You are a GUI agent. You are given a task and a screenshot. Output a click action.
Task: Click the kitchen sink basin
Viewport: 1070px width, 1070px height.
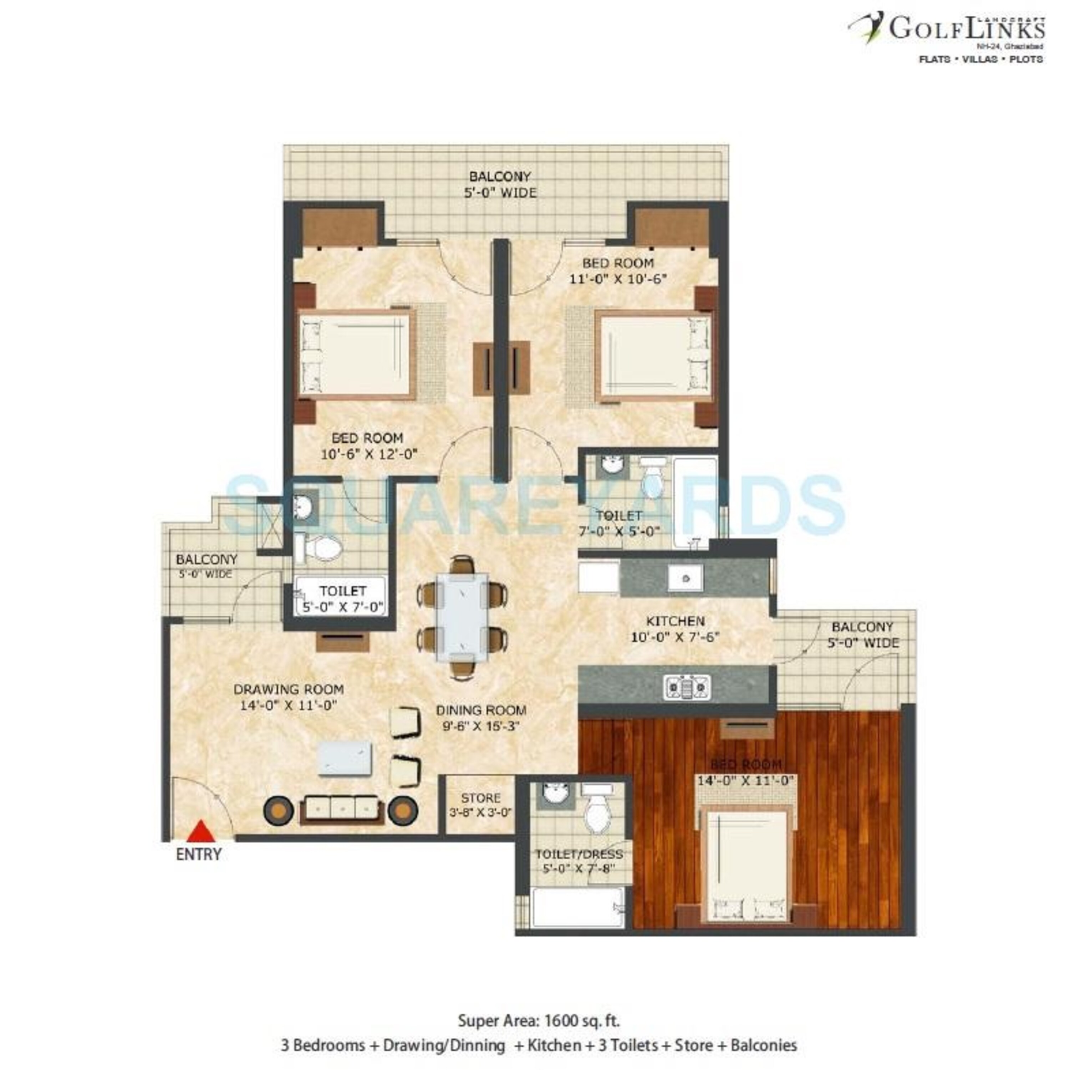tap(686, 578)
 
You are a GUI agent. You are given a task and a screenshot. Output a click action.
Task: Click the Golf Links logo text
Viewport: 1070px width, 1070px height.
tap(967, 28)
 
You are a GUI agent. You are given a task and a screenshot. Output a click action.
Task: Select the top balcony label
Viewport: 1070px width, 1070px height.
tap(500, 184)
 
